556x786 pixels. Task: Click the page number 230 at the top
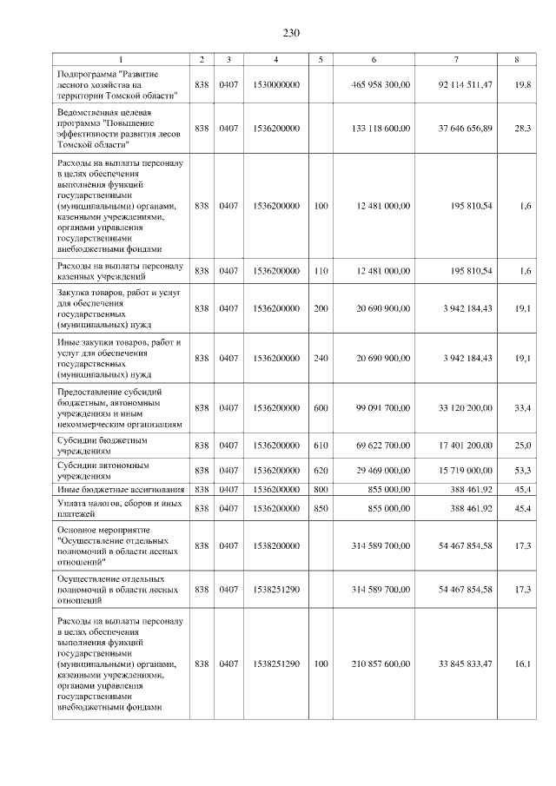click(290, 33)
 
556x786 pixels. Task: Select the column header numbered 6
click(374, 59)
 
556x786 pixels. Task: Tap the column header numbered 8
click(518, 59)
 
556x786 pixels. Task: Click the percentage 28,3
click(523, 129)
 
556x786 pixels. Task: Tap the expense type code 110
click(321, 271)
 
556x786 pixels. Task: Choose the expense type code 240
click(321, 358)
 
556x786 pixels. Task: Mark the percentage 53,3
click(523, 470)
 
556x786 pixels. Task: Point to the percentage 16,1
click(523, 664)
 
